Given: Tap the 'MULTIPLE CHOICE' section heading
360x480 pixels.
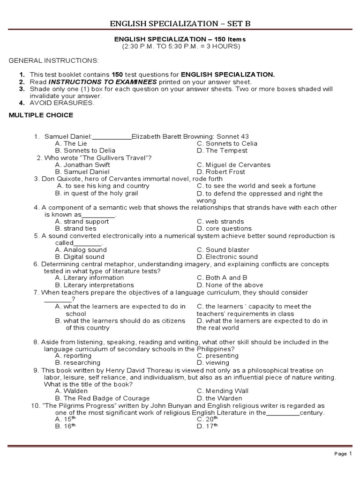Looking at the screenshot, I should tap(41, 115).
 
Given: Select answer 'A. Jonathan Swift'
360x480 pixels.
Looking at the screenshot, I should tap(82, 165).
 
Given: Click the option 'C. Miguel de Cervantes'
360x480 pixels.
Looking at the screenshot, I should tap(233, 165).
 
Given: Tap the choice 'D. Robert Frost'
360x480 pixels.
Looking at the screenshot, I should tap(221, 172).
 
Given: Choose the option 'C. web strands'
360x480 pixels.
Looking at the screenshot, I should tap(220, 221).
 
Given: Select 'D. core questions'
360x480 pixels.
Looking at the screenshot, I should tap(225, 228).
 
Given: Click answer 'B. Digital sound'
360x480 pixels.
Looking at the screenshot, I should tap(80, 256).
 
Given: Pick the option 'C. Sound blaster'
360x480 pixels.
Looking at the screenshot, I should tap(223, 250).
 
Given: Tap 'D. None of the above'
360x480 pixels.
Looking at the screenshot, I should tap(230, 285).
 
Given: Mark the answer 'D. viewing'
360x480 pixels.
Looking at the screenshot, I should tap(213, 362).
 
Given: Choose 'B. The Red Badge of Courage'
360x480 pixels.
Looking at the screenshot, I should tap(102, 398).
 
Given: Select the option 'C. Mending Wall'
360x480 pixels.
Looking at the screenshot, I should tap(223, 391).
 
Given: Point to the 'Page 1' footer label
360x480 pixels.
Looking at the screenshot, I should tap(343, 454).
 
